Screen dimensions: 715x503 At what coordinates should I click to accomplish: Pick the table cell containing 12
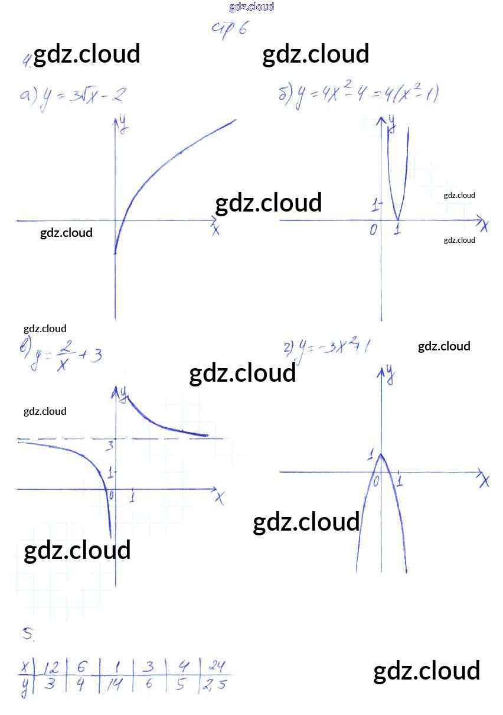coord(51,667)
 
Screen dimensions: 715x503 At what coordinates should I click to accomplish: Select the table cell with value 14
coord(115,685)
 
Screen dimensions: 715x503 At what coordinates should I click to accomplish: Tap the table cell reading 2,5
coord(214,686)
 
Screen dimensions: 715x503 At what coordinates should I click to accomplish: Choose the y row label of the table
coord(25,685)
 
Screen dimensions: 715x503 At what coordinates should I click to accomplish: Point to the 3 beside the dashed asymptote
coord(109,446)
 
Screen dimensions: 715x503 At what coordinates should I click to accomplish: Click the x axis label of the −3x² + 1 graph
coord(485,482)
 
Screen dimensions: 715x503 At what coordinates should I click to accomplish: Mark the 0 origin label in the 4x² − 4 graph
coord(373,230)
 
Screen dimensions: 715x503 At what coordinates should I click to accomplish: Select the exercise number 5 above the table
coord(28,635)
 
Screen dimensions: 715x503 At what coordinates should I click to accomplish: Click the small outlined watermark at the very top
coord(251,7)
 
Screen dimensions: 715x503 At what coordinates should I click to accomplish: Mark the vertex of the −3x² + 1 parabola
coord(381,454)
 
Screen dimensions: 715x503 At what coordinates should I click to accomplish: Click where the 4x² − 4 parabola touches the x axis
coord(397,220)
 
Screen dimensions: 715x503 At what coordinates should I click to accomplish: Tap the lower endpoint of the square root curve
coord(115,253)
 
